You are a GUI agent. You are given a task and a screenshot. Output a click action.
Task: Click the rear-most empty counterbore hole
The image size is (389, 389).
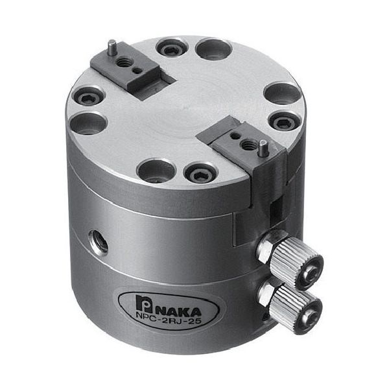213,49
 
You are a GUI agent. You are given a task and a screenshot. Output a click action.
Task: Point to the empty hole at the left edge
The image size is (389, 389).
91,123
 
